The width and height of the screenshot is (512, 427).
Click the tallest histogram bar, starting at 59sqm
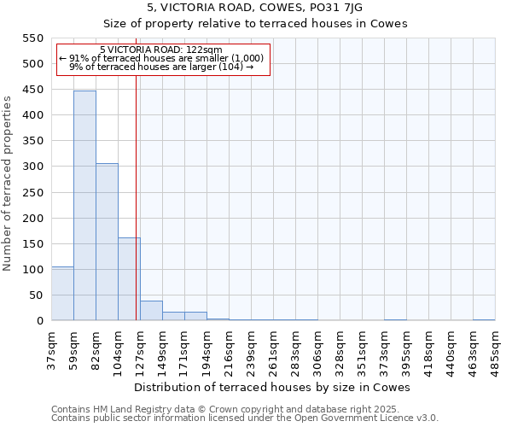pyautogui.click(x=84, y=205)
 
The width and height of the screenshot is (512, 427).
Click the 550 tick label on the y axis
pyautogui.click(x=32, y=38)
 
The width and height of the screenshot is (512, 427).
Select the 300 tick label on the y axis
pyautogui.click(x=32, y=167)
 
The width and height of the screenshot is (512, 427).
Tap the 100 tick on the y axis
pyautogui.click(x=32, y=269)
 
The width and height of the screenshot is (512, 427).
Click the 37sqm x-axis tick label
pyautogui.click(x=52, y=345)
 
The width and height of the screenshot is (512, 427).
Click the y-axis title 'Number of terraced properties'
pyautogui.click(x=8, y=184)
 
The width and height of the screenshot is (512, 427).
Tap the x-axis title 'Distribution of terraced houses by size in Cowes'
pyautogui.click(x=272, y=387)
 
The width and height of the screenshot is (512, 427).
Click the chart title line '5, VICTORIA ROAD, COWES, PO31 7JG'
pyautogui.click(x=255, y=8)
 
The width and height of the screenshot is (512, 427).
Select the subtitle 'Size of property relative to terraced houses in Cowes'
pyautogui.click(x=255, y=23)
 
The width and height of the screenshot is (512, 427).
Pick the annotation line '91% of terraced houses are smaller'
pyautogui.click(x=162, y=58)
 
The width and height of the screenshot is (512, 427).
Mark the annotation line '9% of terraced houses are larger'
pyautogui.click(x=162, y=67)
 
